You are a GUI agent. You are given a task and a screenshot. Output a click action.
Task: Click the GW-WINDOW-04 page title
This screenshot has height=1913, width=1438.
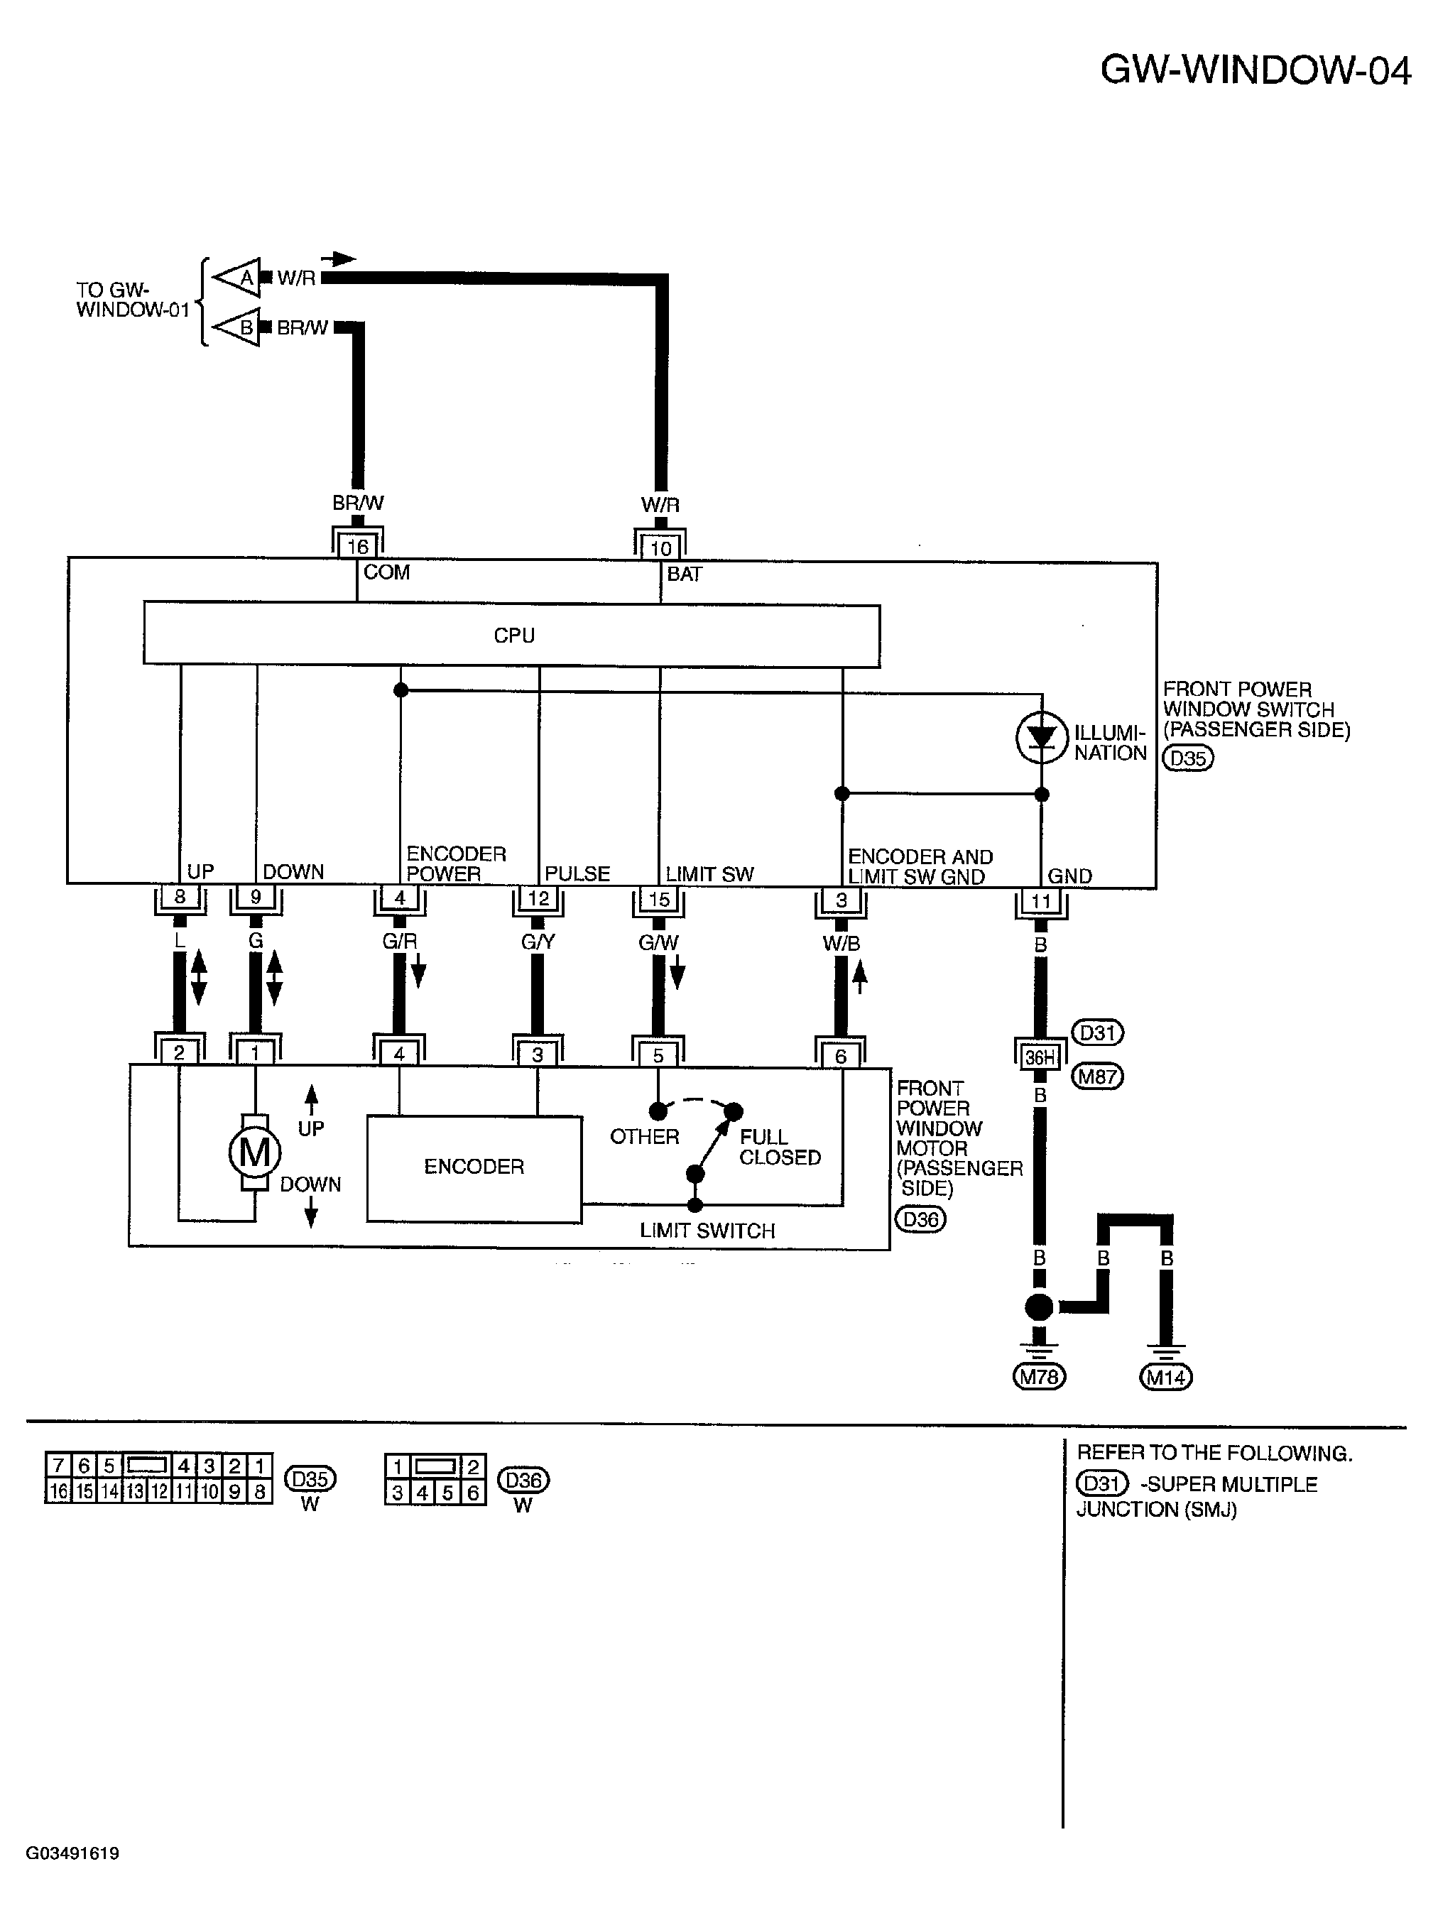click(x=1255, y=70)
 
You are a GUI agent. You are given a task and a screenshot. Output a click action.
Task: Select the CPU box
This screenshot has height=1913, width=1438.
click(x=511, y=635)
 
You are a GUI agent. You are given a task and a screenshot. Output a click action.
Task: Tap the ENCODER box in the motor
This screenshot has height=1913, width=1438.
click(x=474, y=1168)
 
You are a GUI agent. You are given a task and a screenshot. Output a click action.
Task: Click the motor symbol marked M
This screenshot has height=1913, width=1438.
click(x=254, y=1152)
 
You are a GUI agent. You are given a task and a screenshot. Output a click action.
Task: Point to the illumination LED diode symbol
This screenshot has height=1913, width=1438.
click(x=1042, y=738)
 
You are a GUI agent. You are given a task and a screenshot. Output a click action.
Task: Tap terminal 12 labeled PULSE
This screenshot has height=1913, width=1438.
click(x=538, y=898)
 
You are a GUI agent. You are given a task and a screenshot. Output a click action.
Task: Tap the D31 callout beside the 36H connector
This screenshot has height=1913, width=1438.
click(x=1096, y=1032)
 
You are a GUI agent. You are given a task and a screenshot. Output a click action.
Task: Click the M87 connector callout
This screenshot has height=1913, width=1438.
click(x=1096, y=1077)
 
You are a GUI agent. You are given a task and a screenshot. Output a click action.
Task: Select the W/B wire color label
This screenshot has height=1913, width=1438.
click(x=841, y=944)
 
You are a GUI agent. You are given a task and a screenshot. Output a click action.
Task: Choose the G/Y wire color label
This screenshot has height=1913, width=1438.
click(x=537, y=942)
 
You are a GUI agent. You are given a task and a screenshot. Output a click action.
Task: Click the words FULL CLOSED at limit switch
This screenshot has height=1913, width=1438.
click(x=779, y=1147)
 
